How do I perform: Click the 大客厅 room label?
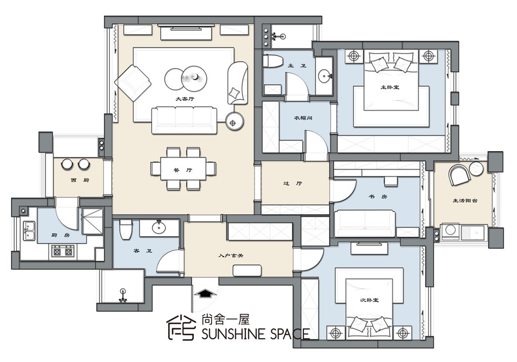point(185,99)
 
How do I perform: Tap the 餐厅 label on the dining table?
point(183,170)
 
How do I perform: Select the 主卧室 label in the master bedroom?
point(390,87)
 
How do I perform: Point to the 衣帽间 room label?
point(303,118)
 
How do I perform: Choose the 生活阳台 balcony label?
point(465,200)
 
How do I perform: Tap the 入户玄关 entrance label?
point(231,255)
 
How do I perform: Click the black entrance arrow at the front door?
point(204,293)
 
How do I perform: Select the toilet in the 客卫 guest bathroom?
point(126,229)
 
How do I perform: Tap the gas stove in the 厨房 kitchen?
point(63,252)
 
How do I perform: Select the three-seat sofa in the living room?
point(184,120)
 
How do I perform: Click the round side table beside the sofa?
point(234,122)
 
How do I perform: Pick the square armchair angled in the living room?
point(133,82)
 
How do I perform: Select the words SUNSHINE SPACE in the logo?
point(255,334)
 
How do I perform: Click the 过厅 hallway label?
point(293,184)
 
